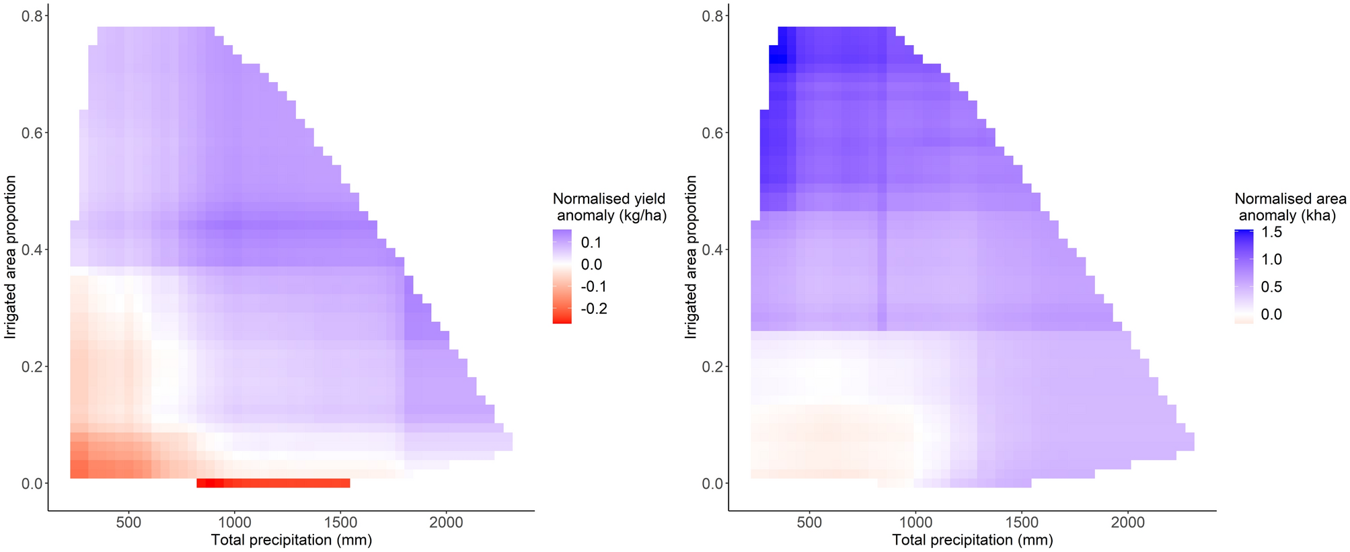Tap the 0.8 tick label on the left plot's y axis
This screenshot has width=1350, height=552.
tap(33, 16)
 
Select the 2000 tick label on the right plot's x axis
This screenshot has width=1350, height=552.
tap(1127, 522)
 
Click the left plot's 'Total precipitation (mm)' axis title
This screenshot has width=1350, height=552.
tap(291, 540)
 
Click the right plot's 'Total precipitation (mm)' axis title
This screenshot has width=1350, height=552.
tap(972, 540)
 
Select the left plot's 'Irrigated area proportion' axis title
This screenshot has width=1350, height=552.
tap(11, 257)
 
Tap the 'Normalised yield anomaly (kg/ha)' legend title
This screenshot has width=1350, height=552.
tap(609, 207)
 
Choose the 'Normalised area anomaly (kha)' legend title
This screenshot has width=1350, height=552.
tap(1289, 207)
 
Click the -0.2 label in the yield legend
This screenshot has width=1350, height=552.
tap(594, 309)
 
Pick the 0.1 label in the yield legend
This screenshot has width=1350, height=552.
tap(591, 243)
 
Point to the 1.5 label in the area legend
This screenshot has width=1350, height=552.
tap(1271, 233)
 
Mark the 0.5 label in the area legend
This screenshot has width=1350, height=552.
tap(1271, 287)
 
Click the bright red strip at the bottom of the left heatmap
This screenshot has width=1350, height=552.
tap(273, 483)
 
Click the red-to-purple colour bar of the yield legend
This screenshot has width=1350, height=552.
tap(562, 276)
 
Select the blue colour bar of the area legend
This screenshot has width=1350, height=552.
tap(1244, 276)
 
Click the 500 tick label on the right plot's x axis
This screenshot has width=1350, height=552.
tap(809, 522)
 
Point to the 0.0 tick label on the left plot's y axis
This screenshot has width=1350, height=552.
tap(33, 483)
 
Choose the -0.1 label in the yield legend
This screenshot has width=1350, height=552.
tap(594, 286)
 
